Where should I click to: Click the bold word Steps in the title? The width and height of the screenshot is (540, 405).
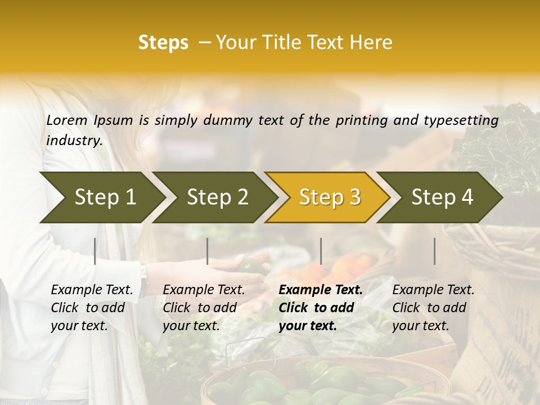tap(163, 43)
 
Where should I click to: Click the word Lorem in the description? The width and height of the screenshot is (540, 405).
tap(67, 120)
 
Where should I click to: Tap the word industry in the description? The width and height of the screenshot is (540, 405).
tap(74, 141)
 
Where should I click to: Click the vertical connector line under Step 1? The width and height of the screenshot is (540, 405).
tap(95, 251)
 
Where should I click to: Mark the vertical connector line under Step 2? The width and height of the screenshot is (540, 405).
tap(208, 251)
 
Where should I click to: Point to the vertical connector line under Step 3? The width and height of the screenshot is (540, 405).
tap(321, 251)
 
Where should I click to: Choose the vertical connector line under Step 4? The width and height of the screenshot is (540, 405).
tap(435, 251)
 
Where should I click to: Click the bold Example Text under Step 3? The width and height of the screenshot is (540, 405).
tap(321, 290)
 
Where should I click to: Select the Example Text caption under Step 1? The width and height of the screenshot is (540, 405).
tap(92, 290)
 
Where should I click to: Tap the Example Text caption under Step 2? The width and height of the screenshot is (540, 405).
tap(204, 290)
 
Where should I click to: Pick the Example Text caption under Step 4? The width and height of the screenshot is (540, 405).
tap(433, 290)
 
